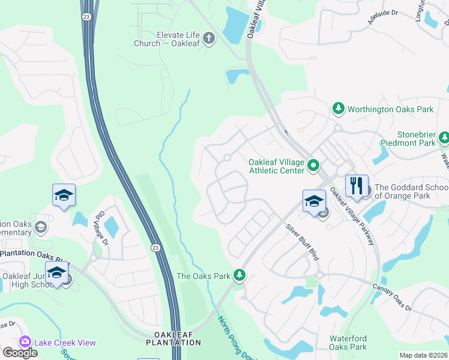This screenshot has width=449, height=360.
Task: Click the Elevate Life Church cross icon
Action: (x=209, y=39)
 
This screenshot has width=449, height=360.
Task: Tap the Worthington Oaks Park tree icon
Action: (x=339, y=109)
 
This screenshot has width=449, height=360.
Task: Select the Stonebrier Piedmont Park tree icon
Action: (x=444, y=139)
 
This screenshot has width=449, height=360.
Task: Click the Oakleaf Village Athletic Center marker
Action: (x=313, y=164)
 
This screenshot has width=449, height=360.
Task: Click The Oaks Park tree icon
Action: (x=240, y=275)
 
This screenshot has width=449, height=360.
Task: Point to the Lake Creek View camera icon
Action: (x=25, y=342)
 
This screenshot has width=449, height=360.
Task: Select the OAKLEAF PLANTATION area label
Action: (x=173, y=338)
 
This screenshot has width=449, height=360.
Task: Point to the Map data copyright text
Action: (x=423, y=355)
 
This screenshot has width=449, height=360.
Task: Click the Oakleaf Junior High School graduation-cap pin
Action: (x=57, y=273)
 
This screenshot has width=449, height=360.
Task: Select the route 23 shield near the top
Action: (x=88, y=17)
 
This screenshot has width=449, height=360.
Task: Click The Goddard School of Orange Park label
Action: (x=411, y=191)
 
